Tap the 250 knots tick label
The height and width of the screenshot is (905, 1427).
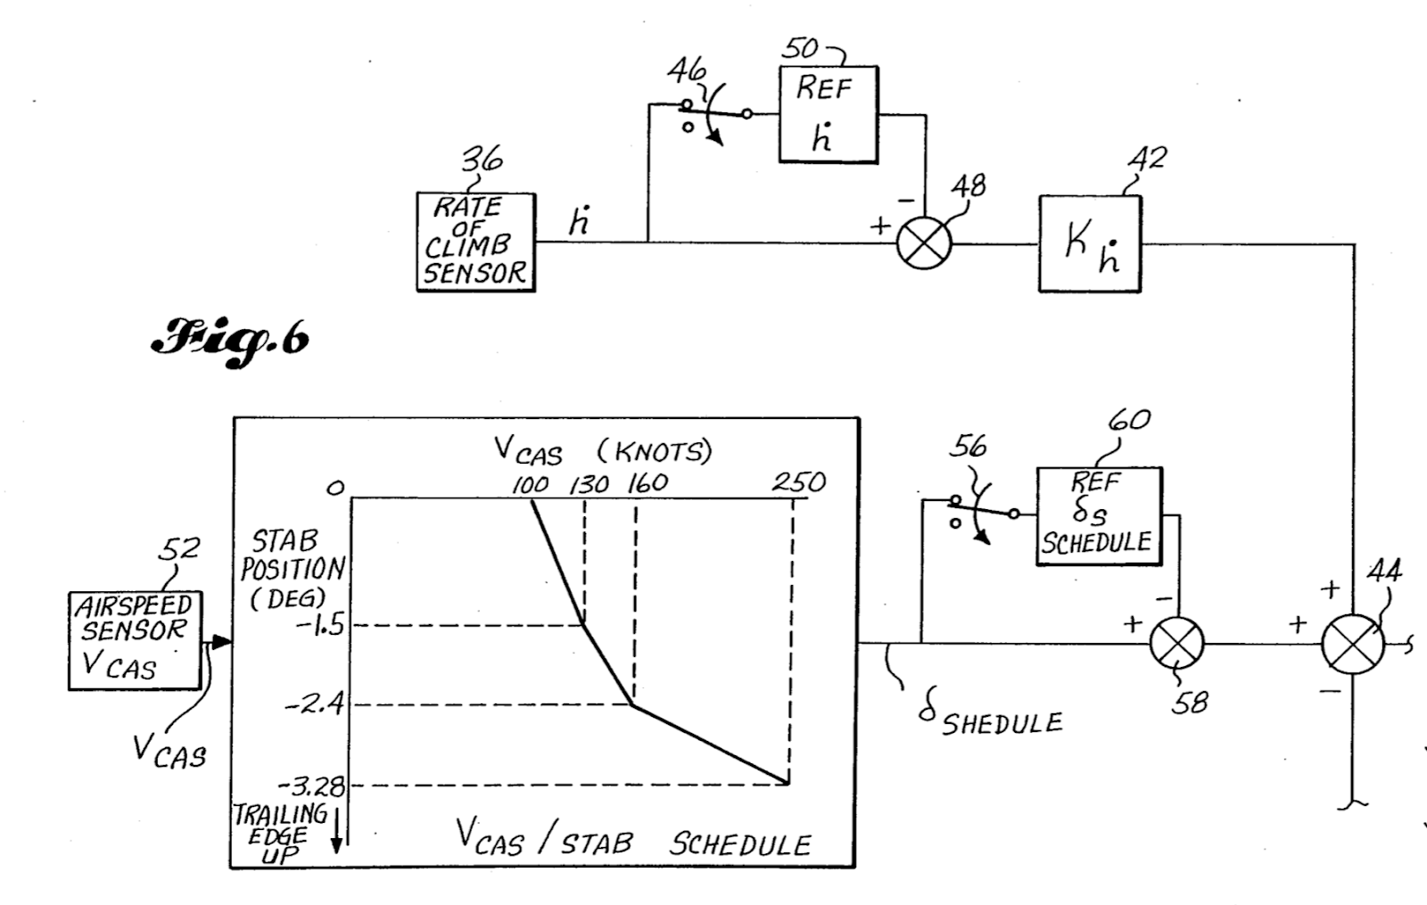[799, 481]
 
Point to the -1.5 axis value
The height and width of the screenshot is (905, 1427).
[320, 626]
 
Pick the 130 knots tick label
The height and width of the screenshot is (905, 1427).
[589, 486]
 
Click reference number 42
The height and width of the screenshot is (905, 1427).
[1148, 159]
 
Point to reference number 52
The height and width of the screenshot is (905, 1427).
[179, 549]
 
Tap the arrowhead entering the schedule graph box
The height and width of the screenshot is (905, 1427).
[222, 642]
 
